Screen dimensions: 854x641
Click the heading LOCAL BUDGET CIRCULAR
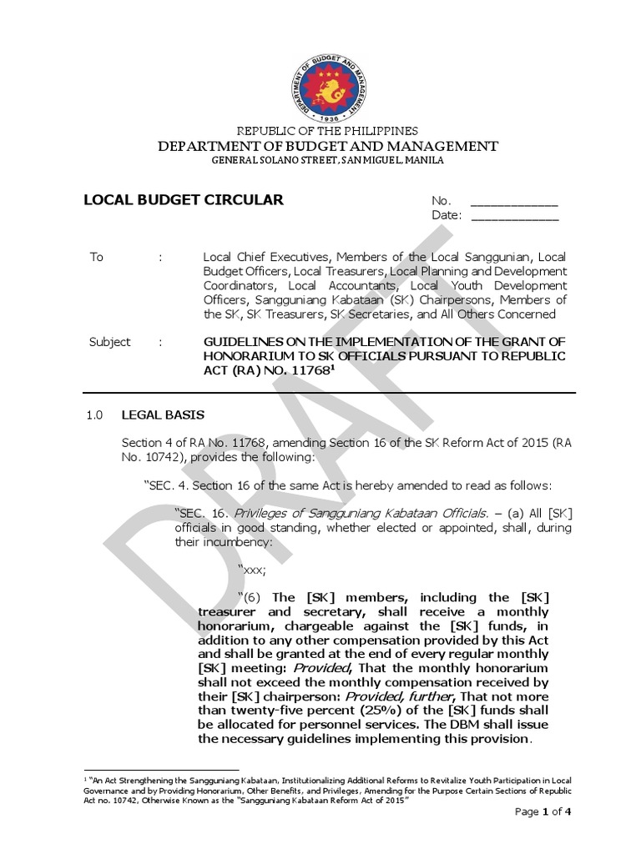[x=184, y=200]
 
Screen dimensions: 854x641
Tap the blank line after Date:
[x=514, y=217]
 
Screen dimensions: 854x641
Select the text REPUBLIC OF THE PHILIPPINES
[x=326, y=132]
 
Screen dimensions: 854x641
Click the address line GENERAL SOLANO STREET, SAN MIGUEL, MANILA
[x=326, y=159]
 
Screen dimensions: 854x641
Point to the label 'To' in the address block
[x=97, y=257]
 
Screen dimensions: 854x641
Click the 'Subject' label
[x=109, y=342]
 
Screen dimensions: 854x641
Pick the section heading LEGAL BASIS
[x=163, y=414]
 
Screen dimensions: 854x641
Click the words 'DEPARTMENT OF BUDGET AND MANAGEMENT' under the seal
[x=326, y=146]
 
